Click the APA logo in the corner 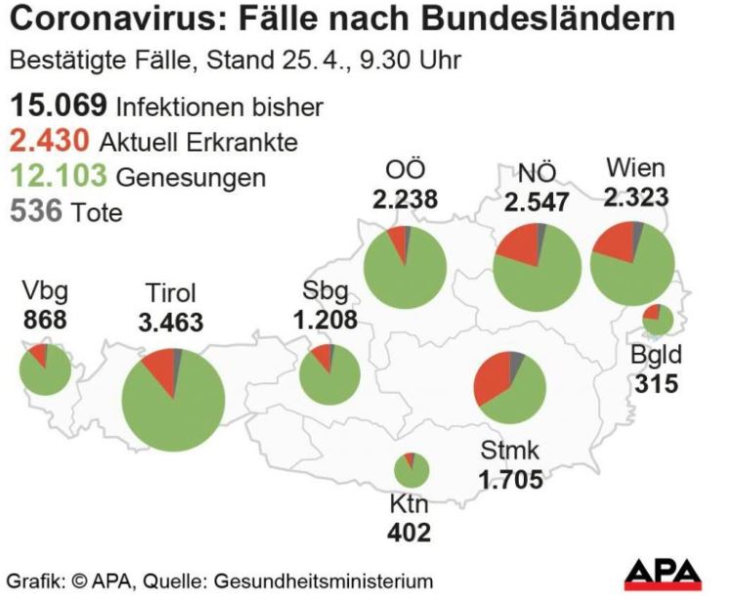[663, 575]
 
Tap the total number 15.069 [59, 106]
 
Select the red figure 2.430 [50, 141]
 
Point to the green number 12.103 [59, 176]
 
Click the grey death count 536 [36, 210]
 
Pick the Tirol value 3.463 [171, 322]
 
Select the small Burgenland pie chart [658, 319]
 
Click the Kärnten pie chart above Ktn [411, 470]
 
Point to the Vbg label [45, 291]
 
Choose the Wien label [635, 167]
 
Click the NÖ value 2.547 [537, 202]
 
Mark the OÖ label [406, 169]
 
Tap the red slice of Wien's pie [614, 242]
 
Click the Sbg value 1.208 [325, 320]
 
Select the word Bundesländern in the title [548, 19]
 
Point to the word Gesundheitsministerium [324, 581]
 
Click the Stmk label [510, 450]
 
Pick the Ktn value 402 [410, 532]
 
